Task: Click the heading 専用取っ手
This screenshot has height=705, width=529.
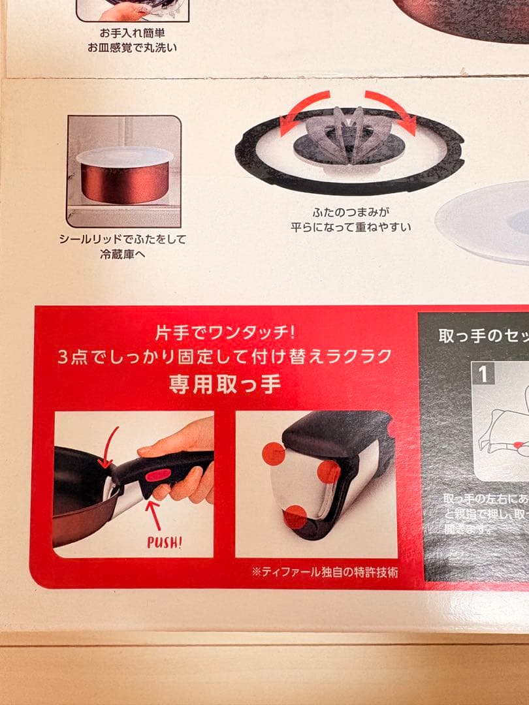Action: point(225,383)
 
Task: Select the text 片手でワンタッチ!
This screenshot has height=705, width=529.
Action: point(226,333)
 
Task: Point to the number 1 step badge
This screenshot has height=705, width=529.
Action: point(483,374)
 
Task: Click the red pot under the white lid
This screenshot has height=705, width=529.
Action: point(125,183)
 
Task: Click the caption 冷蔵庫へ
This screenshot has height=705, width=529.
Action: point(123,255)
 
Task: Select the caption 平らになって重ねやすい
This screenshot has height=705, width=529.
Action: point(352,227)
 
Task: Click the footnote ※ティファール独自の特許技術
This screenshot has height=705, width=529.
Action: point(325,572)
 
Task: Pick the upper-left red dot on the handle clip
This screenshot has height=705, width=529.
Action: point(274,453)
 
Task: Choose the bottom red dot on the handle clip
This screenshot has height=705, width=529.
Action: point(295,517)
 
